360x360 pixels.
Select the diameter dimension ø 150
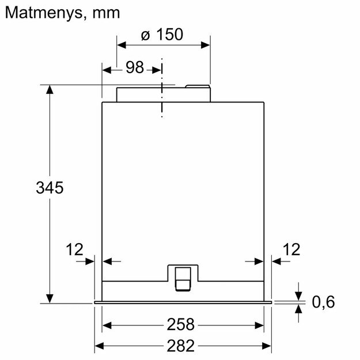click(x=162, y=35)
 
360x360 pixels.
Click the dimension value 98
click(x=134, y=67)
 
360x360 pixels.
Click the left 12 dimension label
click(x=74, y=249)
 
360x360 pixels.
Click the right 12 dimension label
click(x=292, y=249)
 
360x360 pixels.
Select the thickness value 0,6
click(x=323, y=301)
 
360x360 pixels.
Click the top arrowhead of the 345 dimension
click(x=50, y=90)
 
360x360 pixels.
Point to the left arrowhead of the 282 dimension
click(x=98, y=346)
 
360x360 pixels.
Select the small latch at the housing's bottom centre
click(x=183, y=276)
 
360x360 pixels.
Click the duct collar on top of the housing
click(x=163, y=94)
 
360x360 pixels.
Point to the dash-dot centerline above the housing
click(x=162, y=86)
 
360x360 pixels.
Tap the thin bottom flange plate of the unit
click(x=183, y=301)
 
